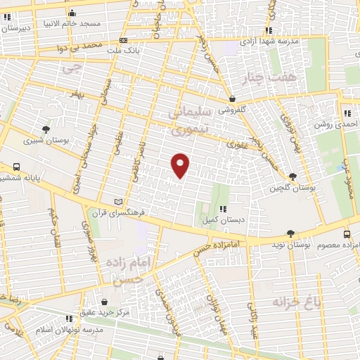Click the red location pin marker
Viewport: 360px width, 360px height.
(181, 165)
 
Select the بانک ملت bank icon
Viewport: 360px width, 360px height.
(124, 41)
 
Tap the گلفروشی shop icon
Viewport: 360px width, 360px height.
(232, 98)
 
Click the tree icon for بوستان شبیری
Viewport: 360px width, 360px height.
(46, 129)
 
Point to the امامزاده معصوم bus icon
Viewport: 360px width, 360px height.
(347, 233)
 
